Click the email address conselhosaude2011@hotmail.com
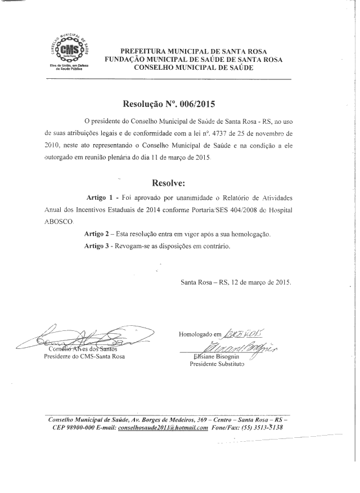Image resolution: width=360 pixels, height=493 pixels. (159, 428)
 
